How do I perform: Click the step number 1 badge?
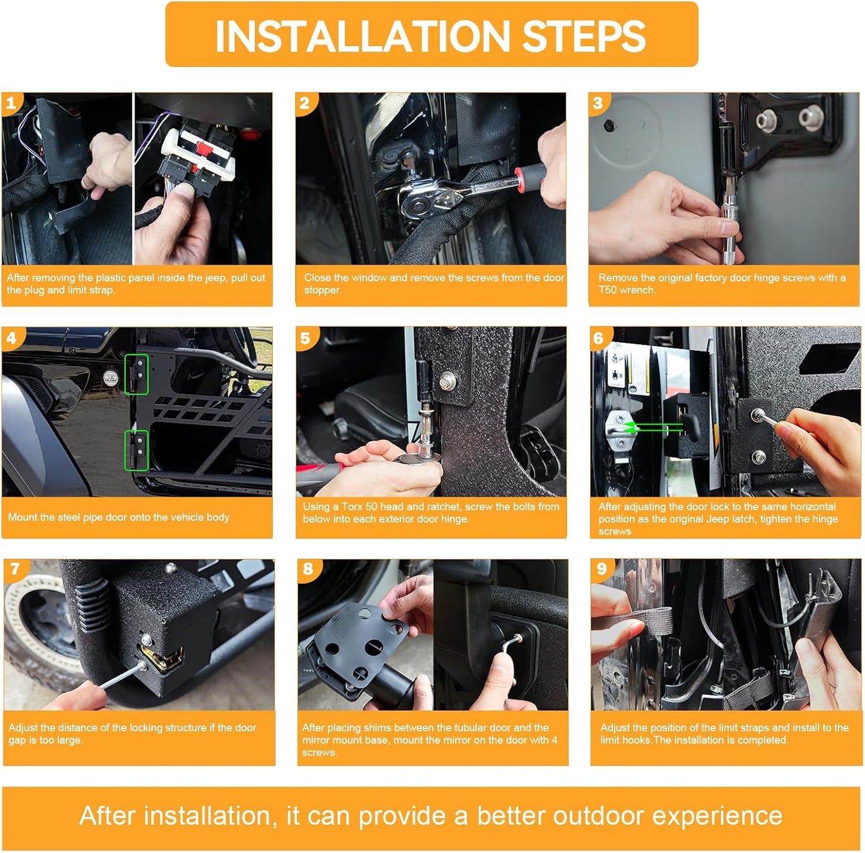click(x=11, y=103)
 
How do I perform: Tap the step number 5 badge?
click(x=305, y=338)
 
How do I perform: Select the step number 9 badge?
click(x=602, y=569)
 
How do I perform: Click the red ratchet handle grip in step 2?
click(x=530, y=174)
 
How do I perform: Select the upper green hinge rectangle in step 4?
click(x=136, y=374)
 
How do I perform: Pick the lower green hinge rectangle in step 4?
click(x=136, y=450)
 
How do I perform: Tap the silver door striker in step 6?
click(x=620, y=431)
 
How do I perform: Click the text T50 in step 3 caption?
click(x=608, y=290)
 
